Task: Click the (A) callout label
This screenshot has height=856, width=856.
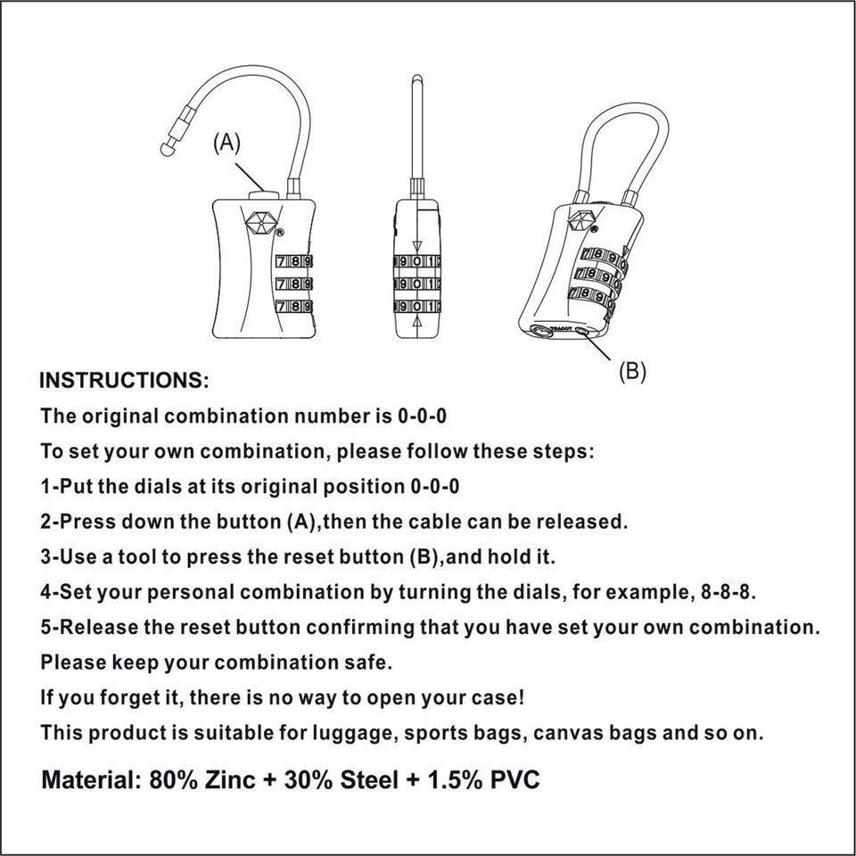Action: click(226, 143)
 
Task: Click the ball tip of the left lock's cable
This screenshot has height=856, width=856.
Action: click(167, 151)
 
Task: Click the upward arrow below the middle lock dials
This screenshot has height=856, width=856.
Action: click(417, 326)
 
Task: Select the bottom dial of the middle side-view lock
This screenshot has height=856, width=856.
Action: click(417, 307)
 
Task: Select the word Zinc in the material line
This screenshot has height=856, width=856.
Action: click(226, 780)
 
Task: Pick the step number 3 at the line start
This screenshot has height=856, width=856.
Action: click(46, 556)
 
